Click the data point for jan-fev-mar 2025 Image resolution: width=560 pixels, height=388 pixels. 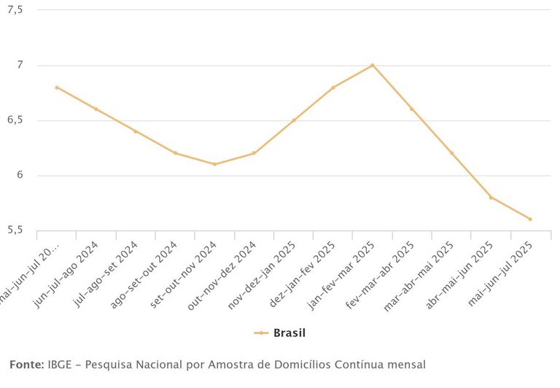click(x=372, y=66)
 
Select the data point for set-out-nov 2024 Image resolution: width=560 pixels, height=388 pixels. click(x=214, y=164)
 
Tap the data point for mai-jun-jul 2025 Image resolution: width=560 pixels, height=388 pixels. click(x=530, y=219)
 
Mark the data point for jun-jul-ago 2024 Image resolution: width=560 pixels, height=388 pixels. click(x=96, y=109)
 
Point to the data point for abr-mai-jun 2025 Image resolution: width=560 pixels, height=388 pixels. click(x=491, y=197)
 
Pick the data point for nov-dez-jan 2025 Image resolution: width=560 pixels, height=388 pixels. click(x=293, y=120)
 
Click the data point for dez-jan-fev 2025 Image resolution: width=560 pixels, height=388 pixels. click(x=332, y=88)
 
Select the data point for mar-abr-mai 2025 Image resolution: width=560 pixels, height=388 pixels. click(x=451, y=153)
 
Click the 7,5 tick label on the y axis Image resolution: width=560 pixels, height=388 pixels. click(x=15, y=10)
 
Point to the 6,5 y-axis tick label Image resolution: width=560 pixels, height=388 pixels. click(x=15, y=120)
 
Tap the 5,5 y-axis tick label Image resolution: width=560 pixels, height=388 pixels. click(x=15, y=230)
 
